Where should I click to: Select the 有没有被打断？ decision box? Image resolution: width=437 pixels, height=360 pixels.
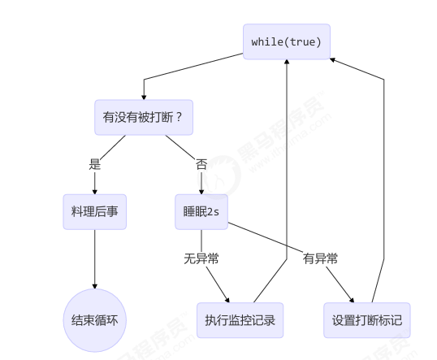(143, 118)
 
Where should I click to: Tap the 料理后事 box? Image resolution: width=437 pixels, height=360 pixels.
(94, 211)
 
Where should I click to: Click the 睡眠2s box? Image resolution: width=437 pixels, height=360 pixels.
(201, 211)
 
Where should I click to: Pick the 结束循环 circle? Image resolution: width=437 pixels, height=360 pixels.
(94, 319)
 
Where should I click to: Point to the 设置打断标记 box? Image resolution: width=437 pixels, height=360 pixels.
(366, 319)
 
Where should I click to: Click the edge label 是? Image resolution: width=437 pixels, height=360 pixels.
(94, 163)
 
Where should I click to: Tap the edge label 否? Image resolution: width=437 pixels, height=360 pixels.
(201, 163)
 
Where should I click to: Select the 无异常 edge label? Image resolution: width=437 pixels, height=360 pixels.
(201, 258)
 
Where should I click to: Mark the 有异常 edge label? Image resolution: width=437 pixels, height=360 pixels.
(320, 258)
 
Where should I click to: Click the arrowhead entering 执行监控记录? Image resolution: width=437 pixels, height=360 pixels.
(227, 299)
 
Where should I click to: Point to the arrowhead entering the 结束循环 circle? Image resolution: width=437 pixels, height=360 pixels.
(94, 285)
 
